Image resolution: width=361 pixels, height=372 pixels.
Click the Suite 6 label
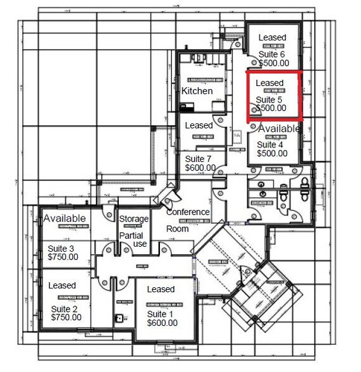coord(272,54)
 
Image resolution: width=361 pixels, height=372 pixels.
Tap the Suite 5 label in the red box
coord(269,100)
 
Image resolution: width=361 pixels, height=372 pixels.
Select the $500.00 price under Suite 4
coord(272,152)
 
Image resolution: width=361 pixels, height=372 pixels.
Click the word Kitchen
coord(197,91)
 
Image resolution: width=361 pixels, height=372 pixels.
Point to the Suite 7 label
coord(200,158)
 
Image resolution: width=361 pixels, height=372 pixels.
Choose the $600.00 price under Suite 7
coord(200,168)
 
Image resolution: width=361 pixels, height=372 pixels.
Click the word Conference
coord(188,212)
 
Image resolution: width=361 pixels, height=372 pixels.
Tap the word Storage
coord(133,219)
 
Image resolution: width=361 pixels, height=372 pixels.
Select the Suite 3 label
coord(63,248)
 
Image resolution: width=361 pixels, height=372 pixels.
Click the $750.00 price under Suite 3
coord(63,257)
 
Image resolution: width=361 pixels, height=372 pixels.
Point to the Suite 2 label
coord(63,308)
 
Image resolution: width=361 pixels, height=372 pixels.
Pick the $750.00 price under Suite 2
coord(64,317)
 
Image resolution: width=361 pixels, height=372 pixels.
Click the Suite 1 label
coord(162,314)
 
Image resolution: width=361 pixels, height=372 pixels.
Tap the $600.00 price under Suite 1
coord(162,323)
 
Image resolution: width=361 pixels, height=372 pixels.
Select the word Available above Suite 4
coord(279,128)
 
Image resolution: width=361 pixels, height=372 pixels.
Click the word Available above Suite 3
coord(64,218)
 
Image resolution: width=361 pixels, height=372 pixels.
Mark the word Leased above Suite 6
coord(272,38)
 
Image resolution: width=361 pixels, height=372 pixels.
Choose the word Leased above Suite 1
coord(161,289)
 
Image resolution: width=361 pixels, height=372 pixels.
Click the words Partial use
coord(133,239)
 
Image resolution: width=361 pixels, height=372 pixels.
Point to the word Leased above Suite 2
coord(62,285)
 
